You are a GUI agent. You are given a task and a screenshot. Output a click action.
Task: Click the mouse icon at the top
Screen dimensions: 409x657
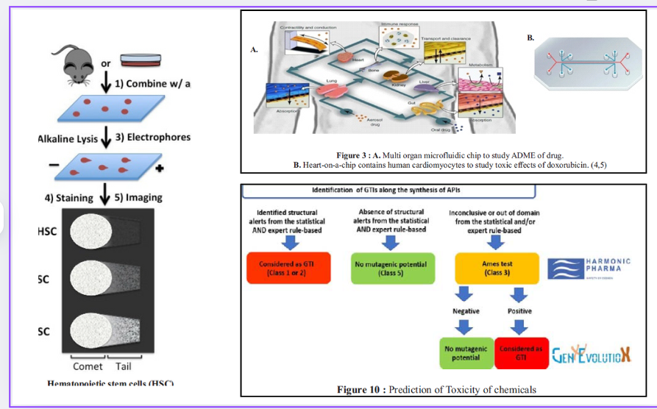pyautogui.click(x=83, y=61)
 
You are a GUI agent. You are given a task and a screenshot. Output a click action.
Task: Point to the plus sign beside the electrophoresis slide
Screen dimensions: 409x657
pyautogui.click(x=159, y=168)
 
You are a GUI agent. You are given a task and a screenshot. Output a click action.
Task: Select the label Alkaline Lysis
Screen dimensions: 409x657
pyautogui.click(x=68, y=138)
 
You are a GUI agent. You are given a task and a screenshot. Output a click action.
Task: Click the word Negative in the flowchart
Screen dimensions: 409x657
pyautogui.click(x=466, y=311)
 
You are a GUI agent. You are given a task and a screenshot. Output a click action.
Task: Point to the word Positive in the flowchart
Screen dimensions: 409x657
pyautogui.click(x=520, y=311)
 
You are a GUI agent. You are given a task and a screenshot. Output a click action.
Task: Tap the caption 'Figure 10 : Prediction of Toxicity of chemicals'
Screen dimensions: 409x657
pyautogui.click(x=436, y=389)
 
